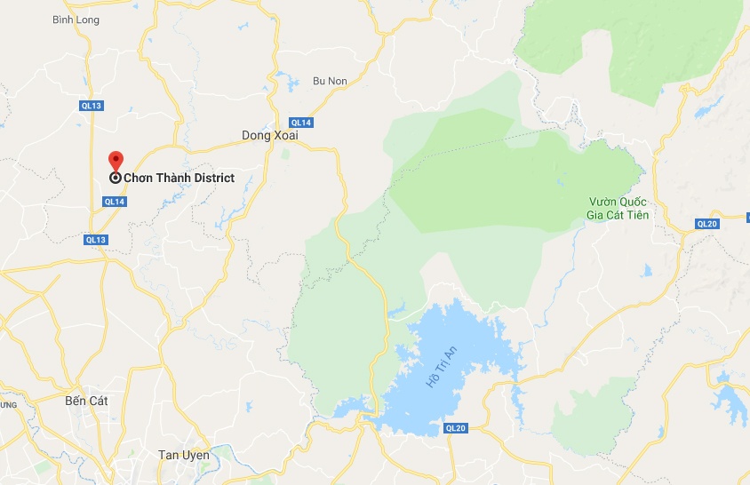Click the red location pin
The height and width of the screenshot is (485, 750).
116,161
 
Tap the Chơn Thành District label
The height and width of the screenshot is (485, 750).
179,178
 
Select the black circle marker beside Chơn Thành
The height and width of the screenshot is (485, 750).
116,178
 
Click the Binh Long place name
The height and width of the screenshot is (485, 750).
73,19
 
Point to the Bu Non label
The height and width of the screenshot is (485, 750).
330,81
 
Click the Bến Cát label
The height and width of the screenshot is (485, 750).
86,401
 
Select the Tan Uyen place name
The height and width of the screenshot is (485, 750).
183,455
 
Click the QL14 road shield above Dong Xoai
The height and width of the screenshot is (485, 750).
300,123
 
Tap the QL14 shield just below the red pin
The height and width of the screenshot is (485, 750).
115,202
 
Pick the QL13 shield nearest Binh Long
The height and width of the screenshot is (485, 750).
92,106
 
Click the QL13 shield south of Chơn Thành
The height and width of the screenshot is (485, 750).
96,240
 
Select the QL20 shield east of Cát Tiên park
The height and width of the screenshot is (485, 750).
707,223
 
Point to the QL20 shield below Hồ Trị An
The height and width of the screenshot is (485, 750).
455,428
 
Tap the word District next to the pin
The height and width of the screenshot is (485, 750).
211,178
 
